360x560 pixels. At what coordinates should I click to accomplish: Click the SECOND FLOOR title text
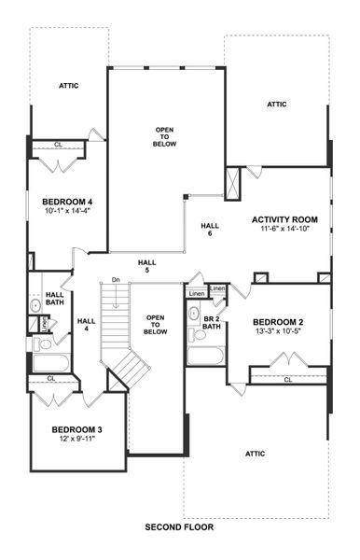[x=180, y=527]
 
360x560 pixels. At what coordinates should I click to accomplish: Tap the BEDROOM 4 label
[x=67, y=202]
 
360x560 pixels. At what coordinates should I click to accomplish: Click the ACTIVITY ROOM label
[x=284, y=220]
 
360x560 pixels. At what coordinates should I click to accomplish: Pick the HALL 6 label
[x=210, y=229]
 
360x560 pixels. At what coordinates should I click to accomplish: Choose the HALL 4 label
[x=87, y=324]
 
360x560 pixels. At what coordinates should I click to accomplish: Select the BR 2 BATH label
[x=212, y=322]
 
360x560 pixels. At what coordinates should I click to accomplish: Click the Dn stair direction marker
[x=115, y=280]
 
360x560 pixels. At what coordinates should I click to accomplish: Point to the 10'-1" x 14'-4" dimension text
[x=66, y=211]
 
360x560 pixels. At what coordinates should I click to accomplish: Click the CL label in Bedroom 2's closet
[x=287, y=380]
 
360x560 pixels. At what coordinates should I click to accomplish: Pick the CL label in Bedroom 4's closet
[x=58, y=145]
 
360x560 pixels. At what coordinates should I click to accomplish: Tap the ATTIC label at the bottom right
[x=255, y=454]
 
